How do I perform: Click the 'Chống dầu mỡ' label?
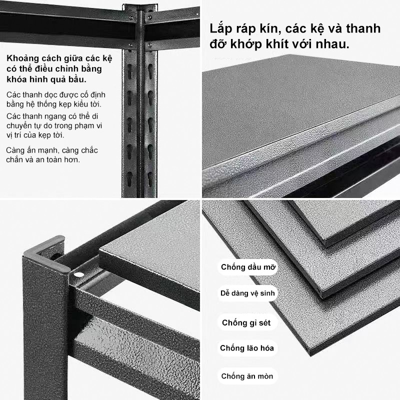(248, 267)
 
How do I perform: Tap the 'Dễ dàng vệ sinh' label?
(247, 293)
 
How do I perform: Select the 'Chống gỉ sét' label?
(246, 322)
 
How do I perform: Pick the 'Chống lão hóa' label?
(247, 348)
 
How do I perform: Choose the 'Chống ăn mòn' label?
(247, 376)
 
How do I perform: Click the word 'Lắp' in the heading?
(221, 29)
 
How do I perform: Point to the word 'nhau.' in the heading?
(332, 44)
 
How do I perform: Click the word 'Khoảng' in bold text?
(23, 59)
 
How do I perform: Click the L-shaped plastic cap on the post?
(46, 254)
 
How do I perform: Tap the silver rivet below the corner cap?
(79, 274)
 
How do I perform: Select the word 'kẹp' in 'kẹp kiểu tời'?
(65, 104)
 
